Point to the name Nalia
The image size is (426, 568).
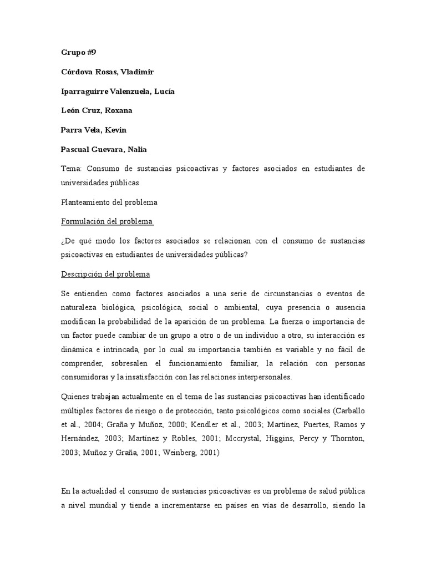136,149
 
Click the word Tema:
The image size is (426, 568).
72,168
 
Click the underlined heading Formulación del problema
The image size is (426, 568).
106,222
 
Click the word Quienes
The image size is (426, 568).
75,398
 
